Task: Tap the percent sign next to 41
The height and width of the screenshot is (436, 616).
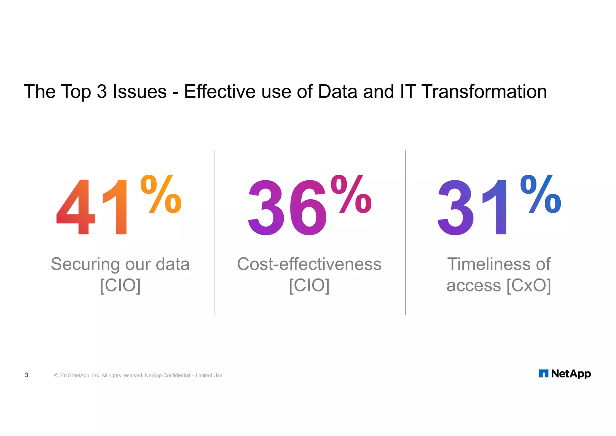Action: click(161, 194)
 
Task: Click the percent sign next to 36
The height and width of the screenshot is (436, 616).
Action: click(351, 194)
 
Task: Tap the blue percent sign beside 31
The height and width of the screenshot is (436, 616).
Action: click(541, 194)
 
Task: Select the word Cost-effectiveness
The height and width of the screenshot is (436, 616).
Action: click(309, 264)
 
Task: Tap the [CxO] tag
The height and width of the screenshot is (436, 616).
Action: click(529, 285)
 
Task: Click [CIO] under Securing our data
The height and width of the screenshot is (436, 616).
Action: click(120, 285)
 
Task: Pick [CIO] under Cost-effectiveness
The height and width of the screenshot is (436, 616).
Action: click(309, 285)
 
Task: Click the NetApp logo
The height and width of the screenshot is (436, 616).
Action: click(565, 374)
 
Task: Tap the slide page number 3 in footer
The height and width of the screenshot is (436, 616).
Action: click(27, 375)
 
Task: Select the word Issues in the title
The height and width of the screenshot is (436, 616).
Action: click(140, 92)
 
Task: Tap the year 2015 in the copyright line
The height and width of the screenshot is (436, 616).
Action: click(65, 375)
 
